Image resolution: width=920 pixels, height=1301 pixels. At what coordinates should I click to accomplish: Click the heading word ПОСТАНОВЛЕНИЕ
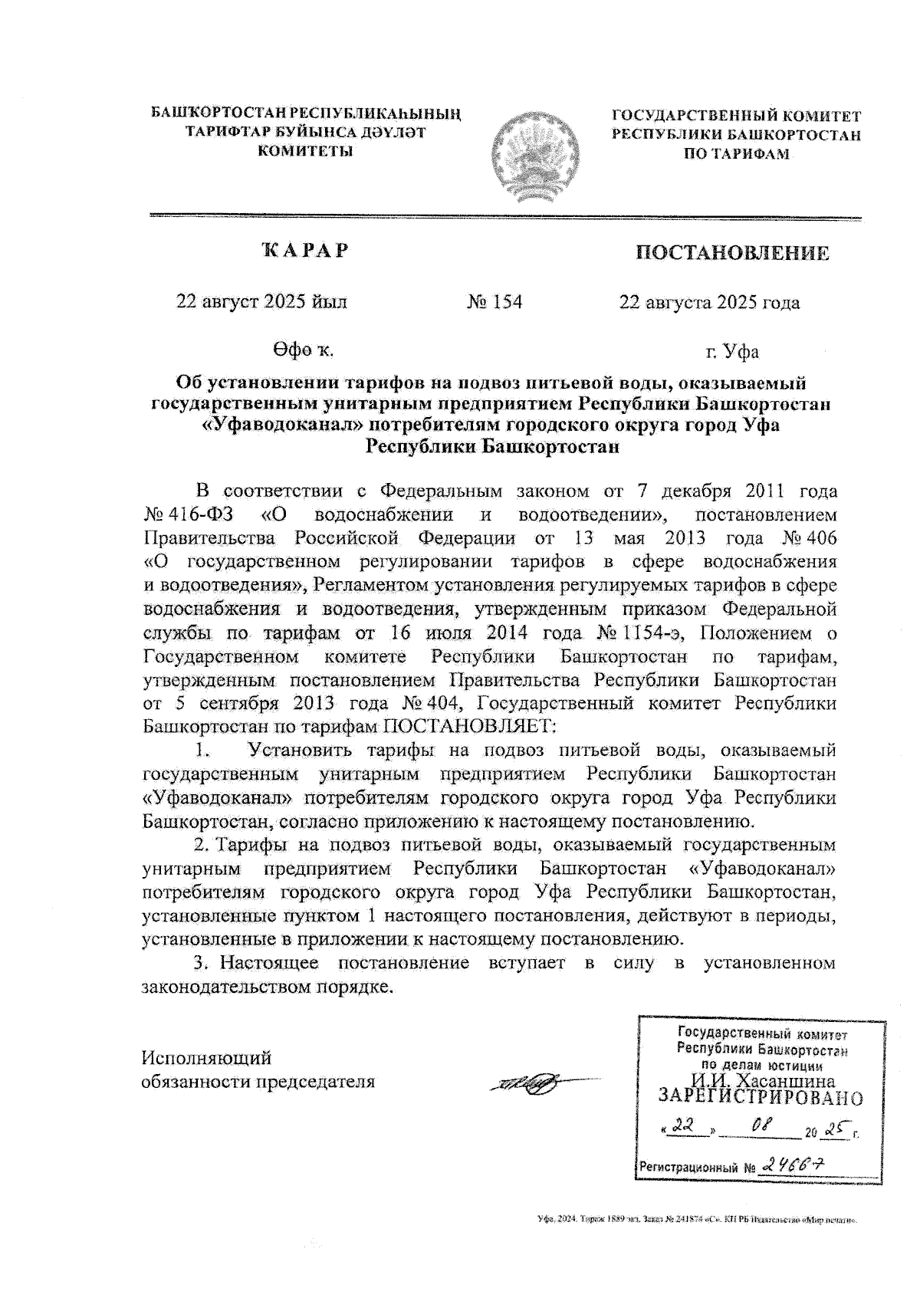[x=732, y=253]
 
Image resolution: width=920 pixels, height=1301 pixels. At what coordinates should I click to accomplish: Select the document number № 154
[x=495, y=302]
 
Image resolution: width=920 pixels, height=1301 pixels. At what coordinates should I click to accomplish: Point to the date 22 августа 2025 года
[x=709, y=303]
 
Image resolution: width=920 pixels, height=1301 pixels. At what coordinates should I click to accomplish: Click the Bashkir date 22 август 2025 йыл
[x=261, y=302]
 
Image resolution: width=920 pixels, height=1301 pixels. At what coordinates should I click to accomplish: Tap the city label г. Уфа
[x=732, y=352]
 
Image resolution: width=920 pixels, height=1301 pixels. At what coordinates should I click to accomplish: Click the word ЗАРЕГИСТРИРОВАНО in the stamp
[x=760, y=1098]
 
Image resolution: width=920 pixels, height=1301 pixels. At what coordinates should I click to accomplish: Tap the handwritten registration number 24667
[x=793, y=1165]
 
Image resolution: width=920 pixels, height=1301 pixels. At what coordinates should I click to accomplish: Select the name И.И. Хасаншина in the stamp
[x=757, y=1081]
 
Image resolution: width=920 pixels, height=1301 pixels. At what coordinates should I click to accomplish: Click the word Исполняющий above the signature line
[x=206, y=1058]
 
